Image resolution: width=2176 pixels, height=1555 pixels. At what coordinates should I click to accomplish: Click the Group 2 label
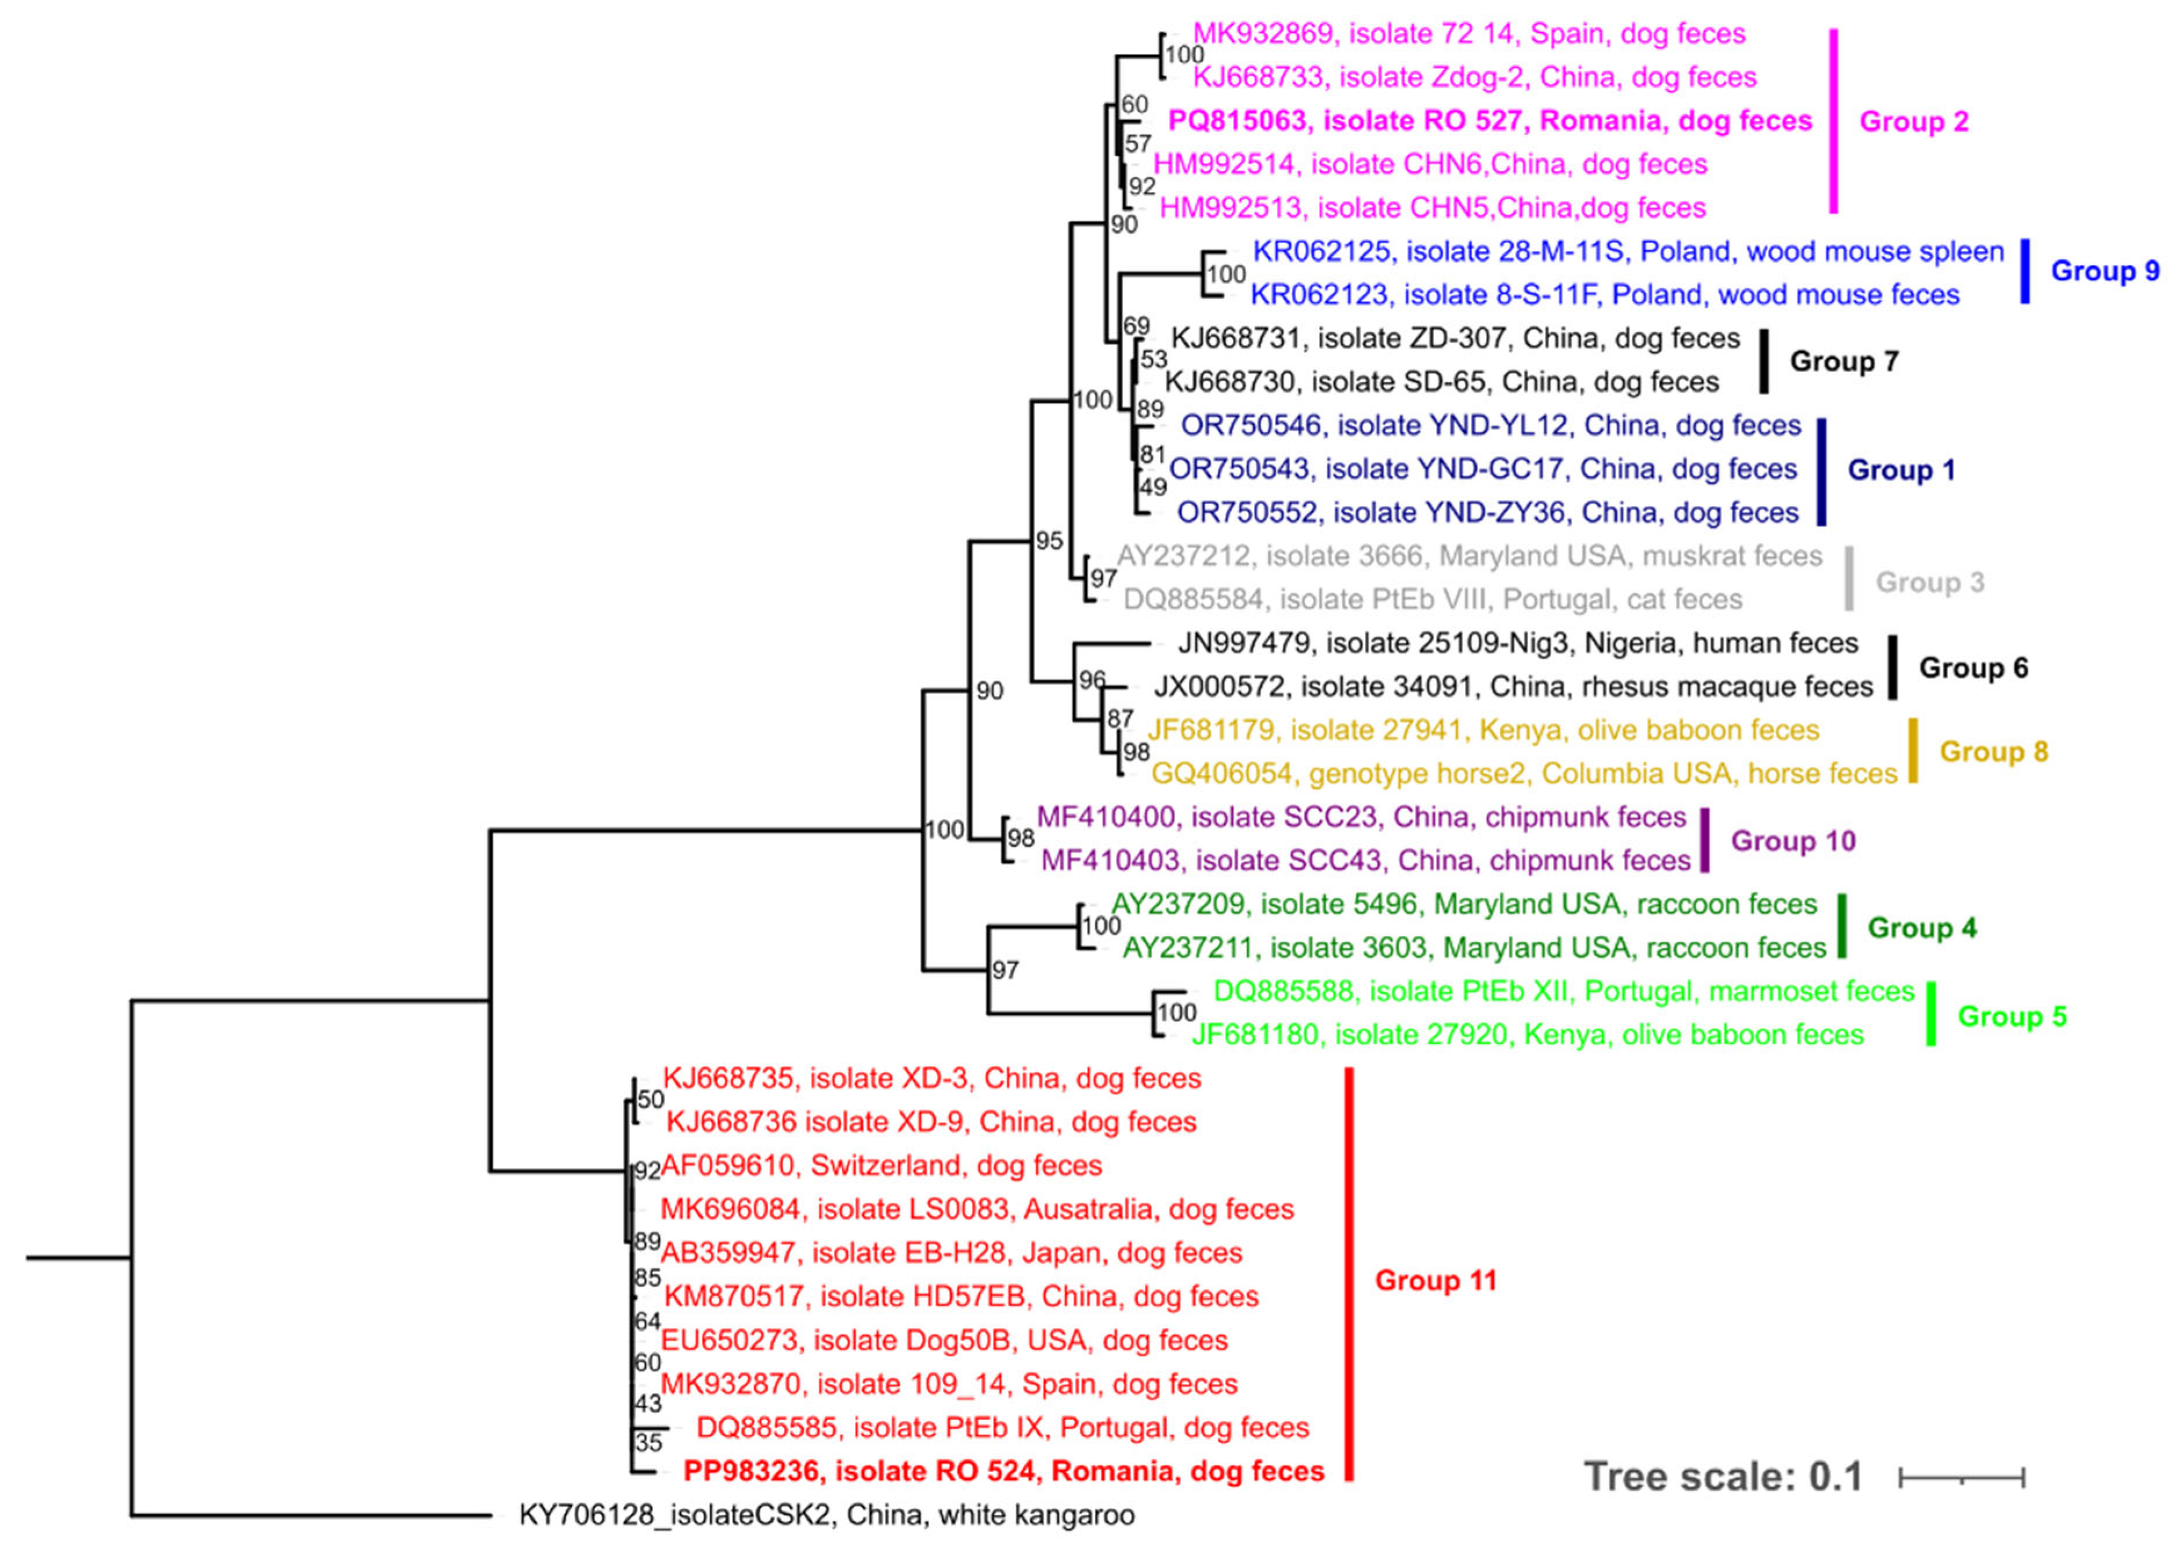click(x=1913, y=122)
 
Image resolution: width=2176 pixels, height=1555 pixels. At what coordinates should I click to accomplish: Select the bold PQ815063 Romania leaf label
click(x=1489, y=121)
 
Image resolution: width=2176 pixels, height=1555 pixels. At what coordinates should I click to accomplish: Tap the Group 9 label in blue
click(x=2104, y=271)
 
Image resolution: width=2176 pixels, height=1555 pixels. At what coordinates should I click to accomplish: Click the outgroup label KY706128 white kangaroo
click(x=826, y=1515)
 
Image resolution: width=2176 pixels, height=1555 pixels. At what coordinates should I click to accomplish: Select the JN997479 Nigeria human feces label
click(x=1517, y=643)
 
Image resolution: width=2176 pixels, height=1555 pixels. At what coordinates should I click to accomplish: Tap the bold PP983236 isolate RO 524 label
click(x=1003, y=1471)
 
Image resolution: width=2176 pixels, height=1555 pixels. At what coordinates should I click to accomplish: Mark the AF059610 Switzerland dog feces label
click(x=881, y=1165)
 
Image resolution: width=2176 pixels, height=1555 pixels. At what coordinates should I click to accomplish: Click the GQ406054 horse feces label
click(x=1523, y=774)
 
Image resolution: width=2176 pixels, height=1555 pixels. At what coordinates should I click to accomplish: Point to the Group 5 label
click(x=2011, y=1016)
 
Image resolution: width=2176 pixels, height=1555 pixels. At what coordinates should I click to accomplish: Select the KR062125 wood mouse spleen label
click(x=1627, y=251)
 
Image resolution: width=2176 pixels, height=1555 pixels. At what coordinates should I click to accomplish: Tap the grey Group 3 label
click(x=1929, y=582)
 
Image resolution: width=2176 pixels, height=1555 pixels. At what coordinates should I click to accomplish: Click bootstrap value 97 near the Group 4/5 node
click(x=1005, y=970)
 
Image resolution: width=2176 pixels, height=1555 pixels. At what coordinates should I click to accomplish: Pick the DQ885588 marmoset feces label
click(x=1564, y=991)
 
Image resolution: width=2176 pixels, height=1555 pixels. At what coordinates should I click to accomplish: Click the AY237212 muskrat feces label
click(x=1468, y=556)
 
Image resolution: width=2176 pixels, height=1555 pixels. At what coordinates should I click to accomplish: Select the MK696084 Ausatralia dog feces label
click(x=977, y=1209)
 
